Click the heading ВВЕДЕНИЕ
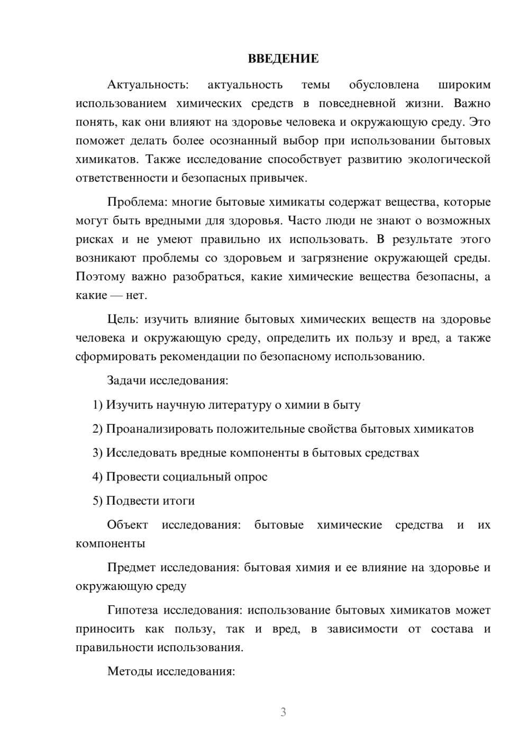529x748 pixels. [283, 59]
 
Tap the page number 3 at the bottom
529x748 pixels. [283, 712]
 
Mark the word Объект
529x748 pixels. [127, 525]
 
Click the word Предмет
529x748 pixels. [131, 568]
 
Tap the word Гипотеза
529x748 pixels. [133, 610]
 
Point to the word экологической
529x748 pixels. [449, 159]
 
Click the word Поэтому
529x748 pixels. [101, 277]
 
